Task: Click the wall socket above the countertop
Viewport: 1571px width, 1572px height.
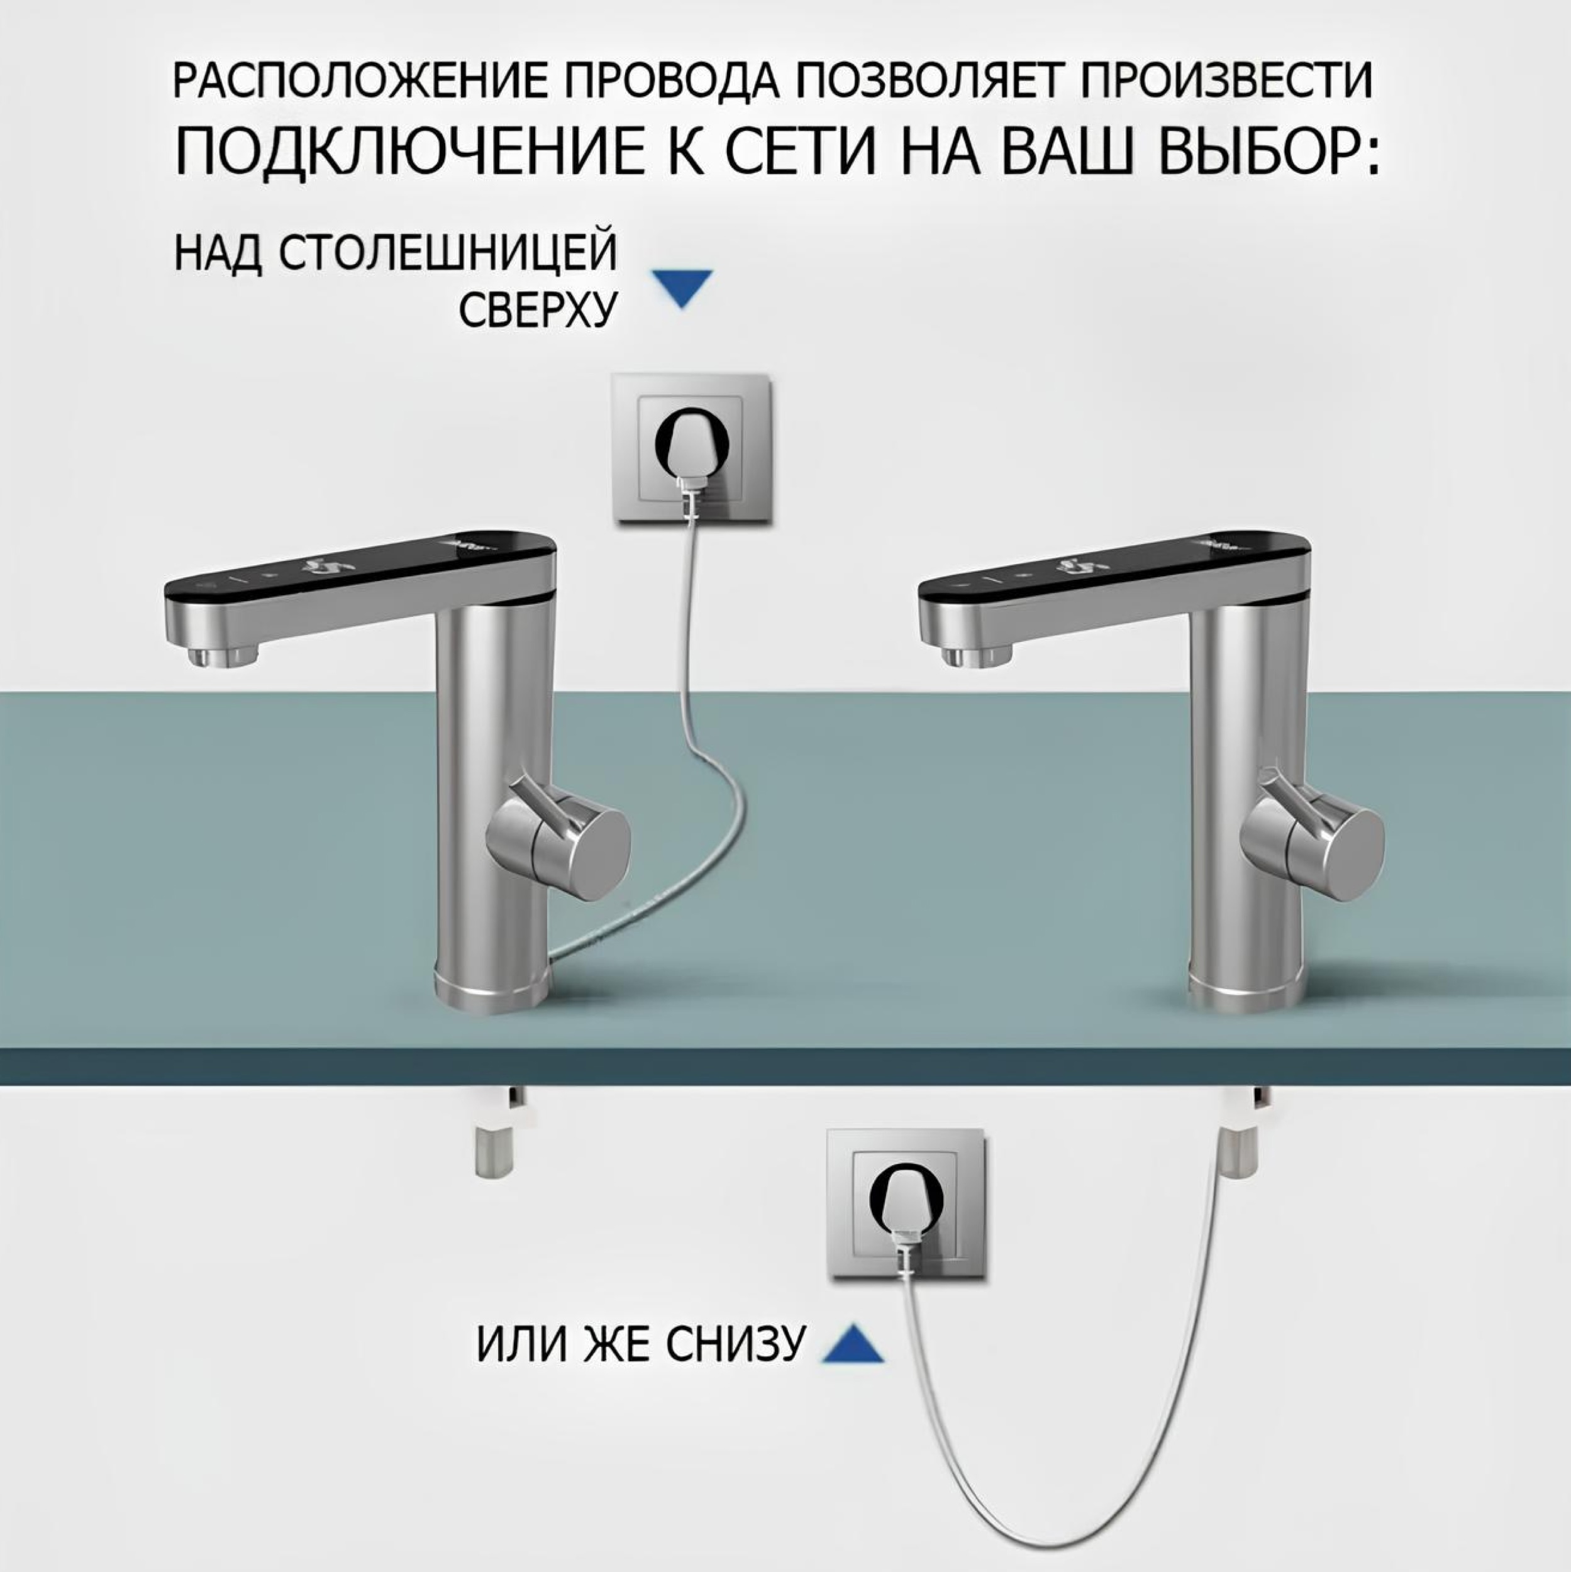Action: pyautogui.click(x=691, y=448)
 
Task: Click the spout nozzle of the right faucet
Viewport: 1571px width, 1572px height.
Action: pyautogui.click(x=977, y=655)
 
